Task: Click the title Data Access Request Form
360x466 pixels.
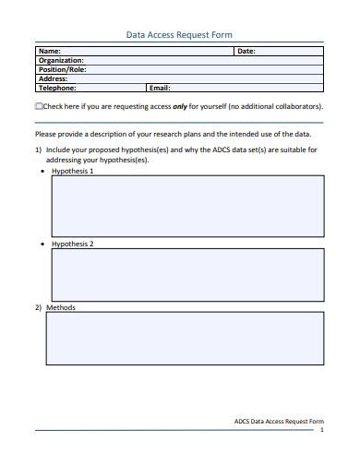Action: (x=179, y=34)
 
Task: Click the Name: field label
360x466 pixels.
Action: (x=50, y=52)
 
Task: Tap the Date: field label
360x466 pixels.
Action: (x=246, y=52)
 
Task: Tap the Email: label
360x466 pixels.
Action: (x=160, y=89)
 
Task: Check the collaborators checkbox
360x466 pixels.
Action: (x=38, y=107)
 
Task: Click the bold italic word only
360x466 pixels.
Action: (x=181, y=107)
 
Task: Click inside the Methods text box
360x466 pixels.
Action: (x=185, y=339)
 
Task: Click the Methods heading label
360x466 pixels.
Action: (x=61, y=307)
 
